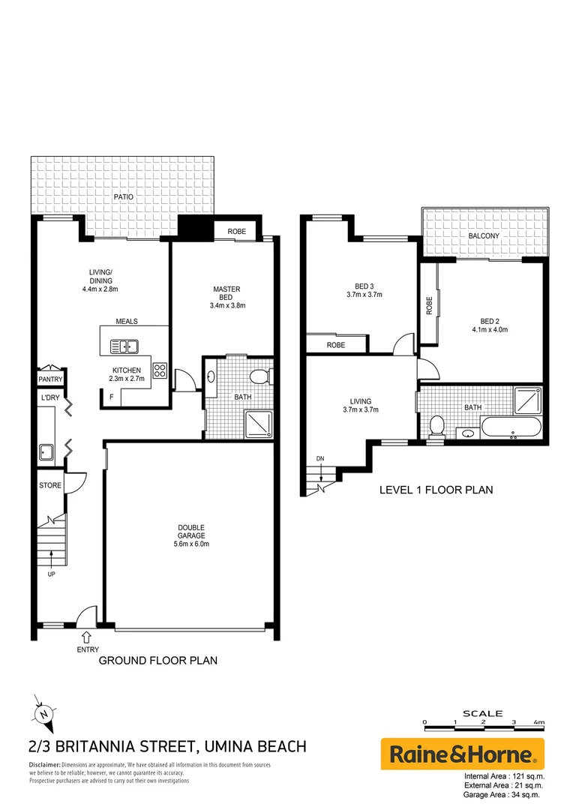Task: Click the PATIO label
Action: point(124,196)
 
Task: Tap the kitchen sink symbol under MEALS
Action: point(124,346)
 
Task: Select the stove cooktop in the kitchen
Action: point(160,370)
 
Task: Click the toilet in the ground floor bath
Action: point(259,376)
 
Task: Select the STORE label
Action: point(50,485)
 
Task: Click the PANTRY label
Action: point(49,380)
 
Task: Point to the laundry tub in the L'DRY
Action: point(44,451)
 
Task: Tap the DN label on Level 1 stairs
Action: point(320,457)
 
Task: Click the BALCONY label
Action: point(484,235)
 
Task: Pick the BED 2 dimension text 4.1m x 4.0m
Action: point(490,329)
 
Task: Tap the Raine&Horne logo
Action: point(462,754)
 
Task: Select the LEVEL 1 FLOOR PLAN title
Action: point(436,490)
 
